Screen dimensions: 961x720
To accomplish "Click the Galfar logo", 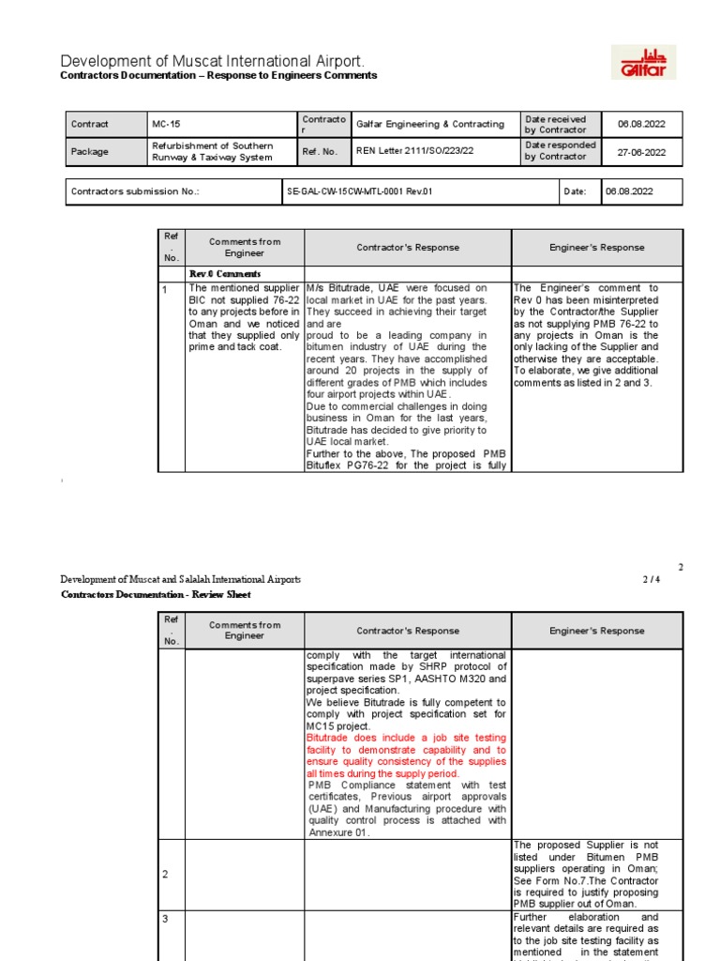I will pyautogui.click(x=642, y=62).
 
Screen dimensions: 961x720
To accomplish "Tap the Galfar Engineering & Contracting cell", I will pyautogui.click(x=429, y=124).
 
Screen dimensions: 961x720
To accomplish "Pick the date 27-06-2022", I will pyautogui.click(x=641, y=151).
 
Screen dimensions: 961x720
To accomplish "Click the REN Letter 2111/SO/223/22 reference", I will pyautogui.click(x=413, y=151).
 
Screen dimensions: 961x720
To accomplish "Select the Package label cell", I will pyautogui.click(x=89, y=151).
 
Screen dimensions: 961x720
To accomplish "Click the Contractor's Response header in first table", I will pyautogui.click(x=408, y=248).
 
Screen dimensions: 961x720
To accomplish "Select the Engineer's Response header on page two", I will pyautogui.click(x=596, y=631).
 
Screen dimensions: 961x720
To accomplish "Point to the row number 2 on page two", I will pyautogui.click(x=166, y=874).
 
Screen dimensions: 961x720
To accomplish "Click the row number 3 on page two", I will pyautogui.click(x=166, y=919).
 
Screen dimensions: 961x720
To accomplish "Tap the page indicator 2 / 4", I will pyautogui.click(x=651, y=580).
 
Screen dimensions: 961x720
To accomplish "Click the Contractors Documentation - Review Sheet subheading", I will pyautogui.click(x=156, y=594).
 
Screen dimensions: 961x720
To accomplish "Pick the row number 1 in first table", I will pyautogui.click(x=165, y=290).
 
